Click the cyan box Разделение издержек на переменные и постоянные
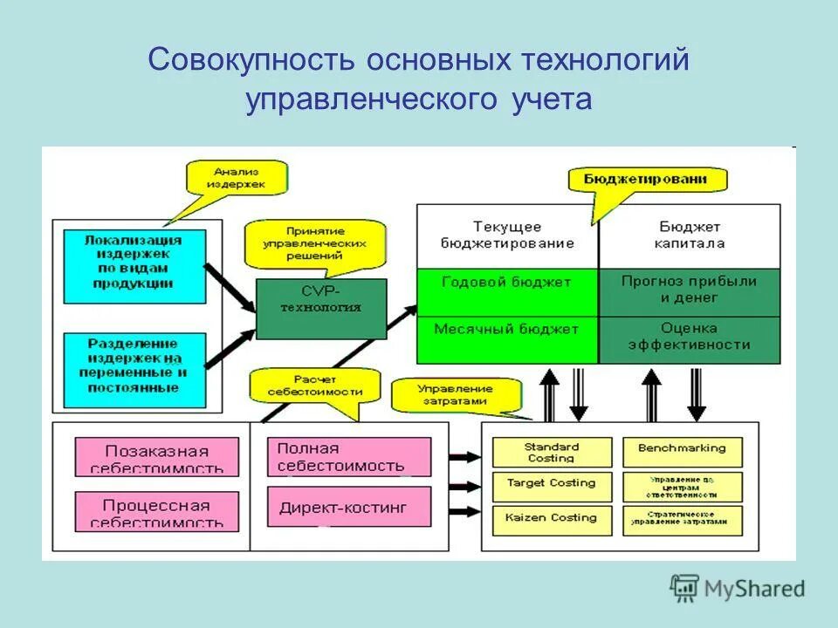134,365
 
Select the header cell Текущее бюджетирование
507,235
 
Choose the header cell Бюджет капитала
690,235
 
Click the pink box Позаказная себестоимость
157,457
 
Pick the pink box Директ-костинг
349,508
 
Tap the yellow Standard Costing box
552,452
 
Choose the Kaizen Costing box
552,518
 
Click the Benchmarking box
683,449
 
